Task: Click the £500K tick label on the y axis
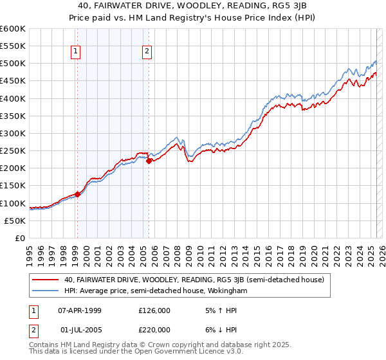pyautogui.click(x=12, y=64)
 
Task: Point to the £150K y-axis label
pyautogui.click(x=12, y=186)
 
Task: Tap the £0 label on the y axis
pyautogui.click(x=19, y=238)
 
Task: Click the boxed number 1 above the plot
pyautogui.click(x=76, y=52)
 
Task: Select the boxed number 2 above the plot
pyautogui.click(x=147, y=52)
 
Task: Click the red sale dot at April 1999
pyautogui.click(x=77, y=194)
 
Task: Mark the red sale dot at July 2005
pyautogui.click(x=149, y=161)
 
